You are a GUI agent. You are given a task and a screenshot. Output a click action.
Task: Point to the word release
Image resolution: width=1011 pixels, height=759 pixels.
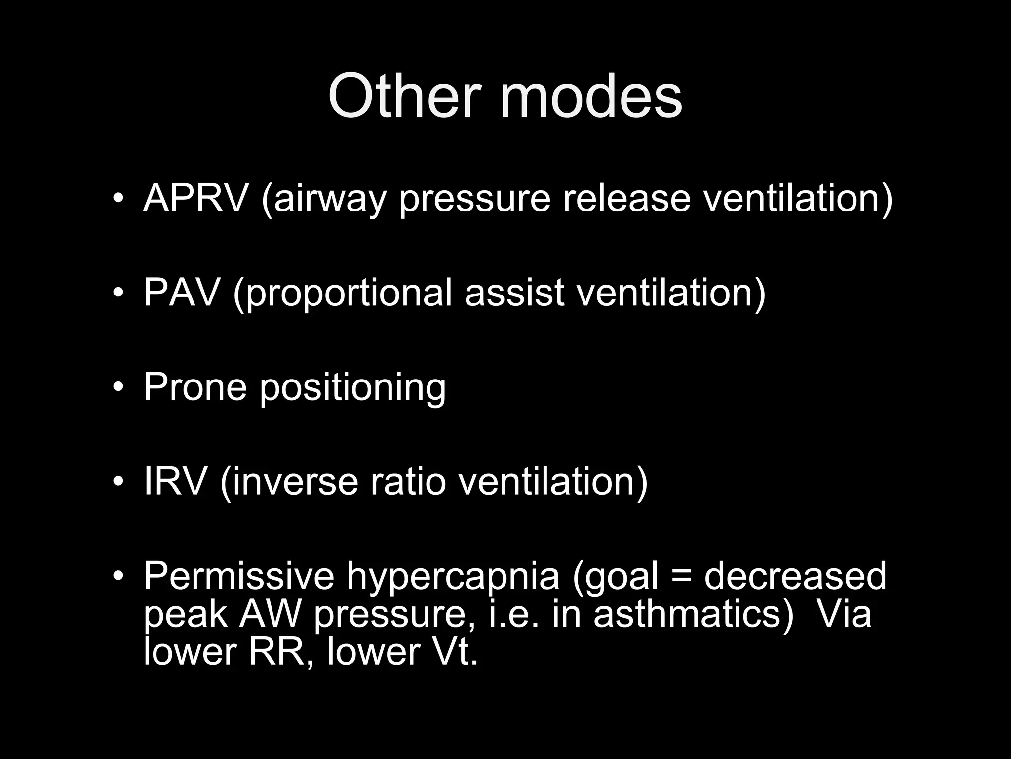tap(626, 198)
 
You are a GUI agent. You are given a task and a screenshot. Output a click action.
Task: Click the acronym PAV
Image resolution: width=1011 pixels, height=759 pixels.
tap(181, 293)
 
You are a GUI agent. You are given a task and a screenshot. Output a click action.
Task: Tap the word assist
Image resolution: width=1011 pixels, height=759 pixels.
tap(514, 293)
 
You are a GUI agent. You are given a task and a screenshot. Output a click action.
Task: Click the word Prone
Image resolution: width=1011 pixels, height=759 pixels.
tap(195, 387)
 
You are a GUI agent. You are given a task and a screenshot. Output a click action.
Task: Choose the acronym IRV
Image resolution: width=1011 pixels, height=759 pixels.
tap(174, 482)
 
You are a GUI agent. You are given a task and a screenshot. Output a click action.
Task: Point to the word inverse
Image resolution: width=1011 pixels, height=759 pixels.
tap(294, 482)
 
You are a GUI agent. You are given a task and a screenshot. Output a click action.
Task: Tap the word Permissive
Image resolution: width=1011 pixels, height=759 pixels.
tap(238, 576)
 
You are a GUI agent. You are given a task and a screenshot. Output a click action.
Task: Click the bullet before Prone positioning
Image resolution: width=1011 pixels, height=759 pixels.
tap(117, 387)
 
